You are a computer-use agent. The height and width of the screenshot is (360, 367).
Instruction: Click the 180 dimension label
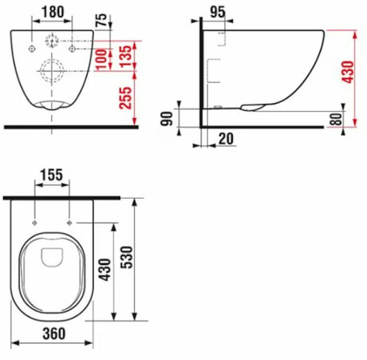tap(54, 13)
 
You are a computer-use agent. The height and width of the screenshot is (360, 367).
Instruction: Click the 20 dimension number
tap(226, 139)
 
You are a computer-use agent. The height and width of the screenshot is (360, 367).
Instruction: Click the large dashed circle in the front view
tap(53, 69)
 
